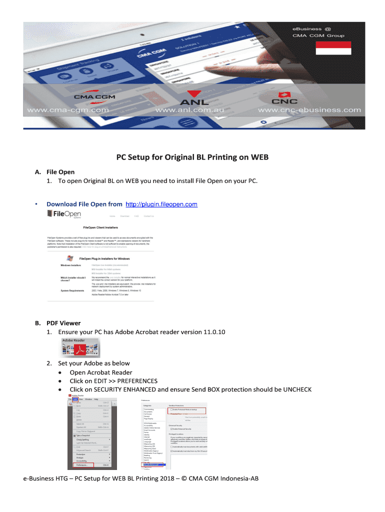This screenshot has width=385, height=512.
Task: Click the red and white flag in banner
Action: pyautogui.click(x=332, y=47)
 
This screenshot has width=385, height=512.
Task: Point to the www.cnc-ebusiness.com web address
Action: pyautogui.click(x=309, y=110)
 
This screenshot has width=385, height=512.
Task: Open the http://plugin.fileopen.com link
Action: pyautogui.click(x=161, y=204)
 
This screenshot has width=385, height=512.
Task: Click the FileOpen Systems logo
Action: pyautogui.click(x=64, y=214)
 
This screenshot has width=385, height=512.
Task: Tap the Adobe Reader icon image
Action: pyautogui.click(x=79, y=346)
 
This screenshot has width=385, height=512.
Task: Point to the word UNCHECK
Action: pyautogui.click(x=297, y=389)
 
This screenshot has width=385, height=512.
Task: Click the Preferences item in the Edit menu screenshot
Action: pyautogui.click(x=80, y=465)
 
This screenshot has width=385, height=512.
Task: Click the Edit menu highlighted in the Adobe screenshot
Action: pyautogui.click(x=74, y=399)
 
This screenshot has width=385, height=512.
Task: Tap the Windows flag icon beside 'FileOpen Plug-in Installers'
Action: pyautogui.click(x=70, y=258)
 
